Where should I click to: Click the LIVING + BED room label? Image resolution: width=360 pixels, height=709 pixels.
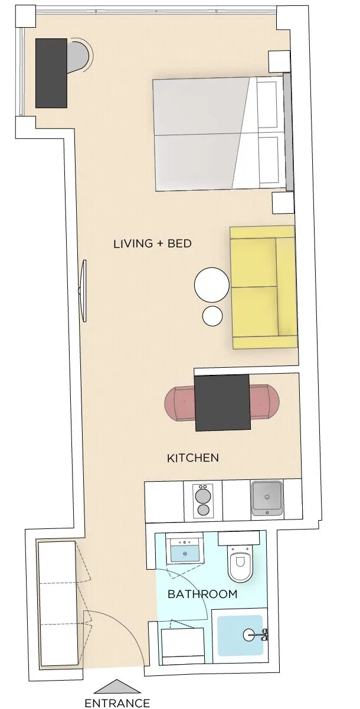click(x=152, y=244)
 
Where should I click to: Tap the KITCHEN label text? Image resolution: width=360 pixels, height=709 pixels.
click(x=193, y=458)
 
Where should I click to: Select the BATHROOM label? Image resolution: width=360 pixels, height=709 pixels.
click(x=202, y=594)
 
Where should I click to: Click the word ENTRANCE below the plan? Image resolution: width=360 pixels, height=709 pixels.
click(x=117, y=703)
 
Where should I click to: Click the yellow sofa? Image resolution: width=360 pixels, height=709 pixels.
click(x=264, y=287)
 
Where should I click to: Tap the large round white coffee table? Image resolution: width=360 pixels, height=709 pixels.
click(x=212, y=285)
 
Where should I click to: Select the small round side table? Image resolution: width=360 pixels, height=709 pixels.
click(x=212, y=316)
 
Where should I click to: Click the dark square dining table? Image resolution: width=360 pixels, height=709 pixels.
click(x=222, y=403)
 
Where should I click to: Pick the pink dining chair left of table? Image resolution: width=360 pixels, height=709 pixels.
click(x=180, y=403)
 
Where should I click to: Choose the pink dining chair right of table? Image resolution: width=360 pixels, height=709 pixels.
click(x=264, y=401)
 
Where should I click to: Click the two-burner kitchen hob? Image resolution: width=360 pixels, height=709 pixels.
click(x=203, y=501)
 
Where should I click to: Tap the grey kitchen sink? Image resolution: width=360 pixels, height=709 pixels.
click(x=267, y=498)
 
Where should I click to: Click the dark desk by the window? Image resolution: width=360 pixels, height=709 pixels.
click(x=51, y=73)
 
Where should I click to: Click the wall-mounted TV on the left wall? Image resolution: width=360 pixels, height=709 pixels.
click(x=83, y=291)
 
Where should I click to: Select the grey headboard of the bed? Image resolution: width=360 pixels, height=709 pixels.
click(x=288, y=132)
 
